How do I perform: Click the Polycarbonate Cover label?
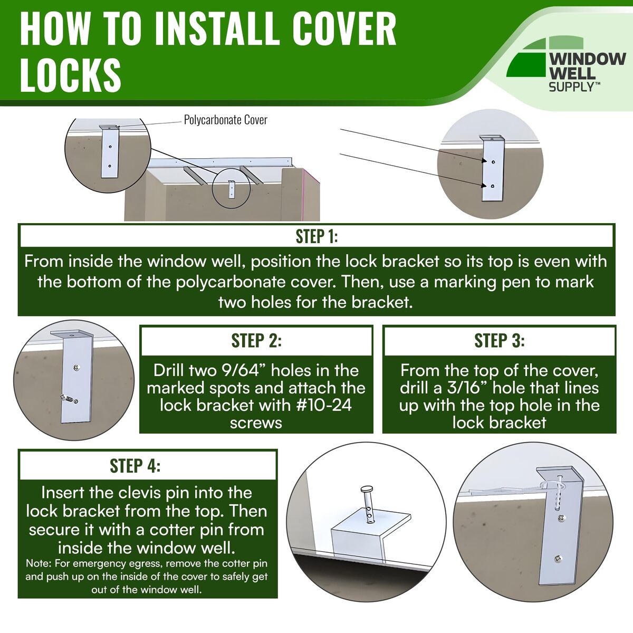(225, 120)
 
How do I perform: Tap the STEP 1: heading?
(316, 236)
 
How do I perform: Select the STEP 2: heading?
(256, 341)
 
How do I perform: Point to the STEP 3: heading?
(500, 341)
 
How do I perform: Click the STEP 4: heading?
(135, 466)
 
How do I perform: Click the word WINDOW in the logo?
(588, 59)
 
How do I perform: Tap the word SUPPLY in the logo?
(572, 87)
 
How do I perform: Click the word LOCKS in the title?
(71, 75)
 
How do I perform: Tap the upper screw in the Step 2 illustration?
(77, 368)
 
